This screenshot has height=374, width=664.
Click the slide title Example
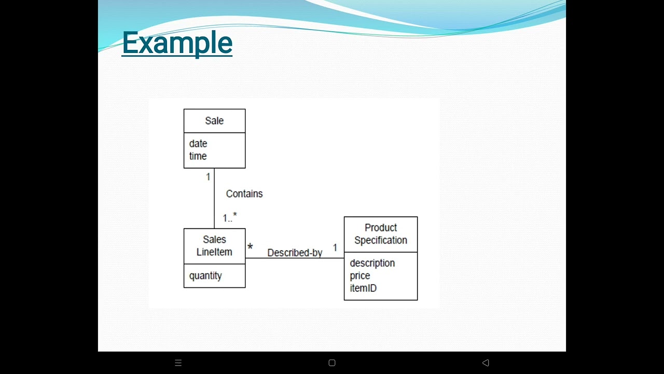click(177, 43)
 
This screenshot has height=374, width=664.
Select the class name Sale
click(214, 121)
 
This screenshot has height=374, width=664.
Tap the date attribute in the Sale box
click(198, 143)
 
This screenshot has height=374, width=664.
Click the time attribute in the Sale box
click(198, 156)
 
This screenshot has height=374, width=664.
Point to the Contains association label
click(244, 194)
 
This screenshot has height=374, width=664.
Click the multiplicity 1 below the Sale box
click(208, 177)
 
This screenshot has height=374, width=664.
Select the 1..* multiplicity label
click(230, 218)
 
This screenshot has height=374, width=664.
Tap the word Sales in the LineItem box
click(214, 239)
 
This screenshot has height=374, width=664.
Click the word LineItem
click(214, 252)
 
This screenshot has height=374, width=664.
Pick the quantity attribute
click(205, 276)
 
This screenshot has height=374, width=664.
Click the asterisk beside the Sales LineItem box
click(250, 248)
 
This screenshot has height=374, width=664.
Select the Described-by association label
click(295, 253)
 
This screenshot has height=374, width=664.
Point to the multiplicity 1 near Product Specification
click(335, 248)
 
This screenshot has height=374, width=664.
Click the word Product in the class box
click(381, 228)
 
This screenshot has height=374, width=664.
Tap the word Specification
click(381, 240)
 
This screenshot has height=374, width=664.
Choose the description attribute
click(372, 263)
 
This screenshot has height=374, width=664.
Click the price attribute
click(360, 275)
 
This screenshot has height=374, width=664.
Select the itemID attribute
click(363, 288)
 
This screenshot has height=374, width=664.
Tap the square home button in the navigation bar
click(332, 363)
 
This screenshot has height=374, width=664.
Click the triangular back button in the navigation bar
click(486, 363)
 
